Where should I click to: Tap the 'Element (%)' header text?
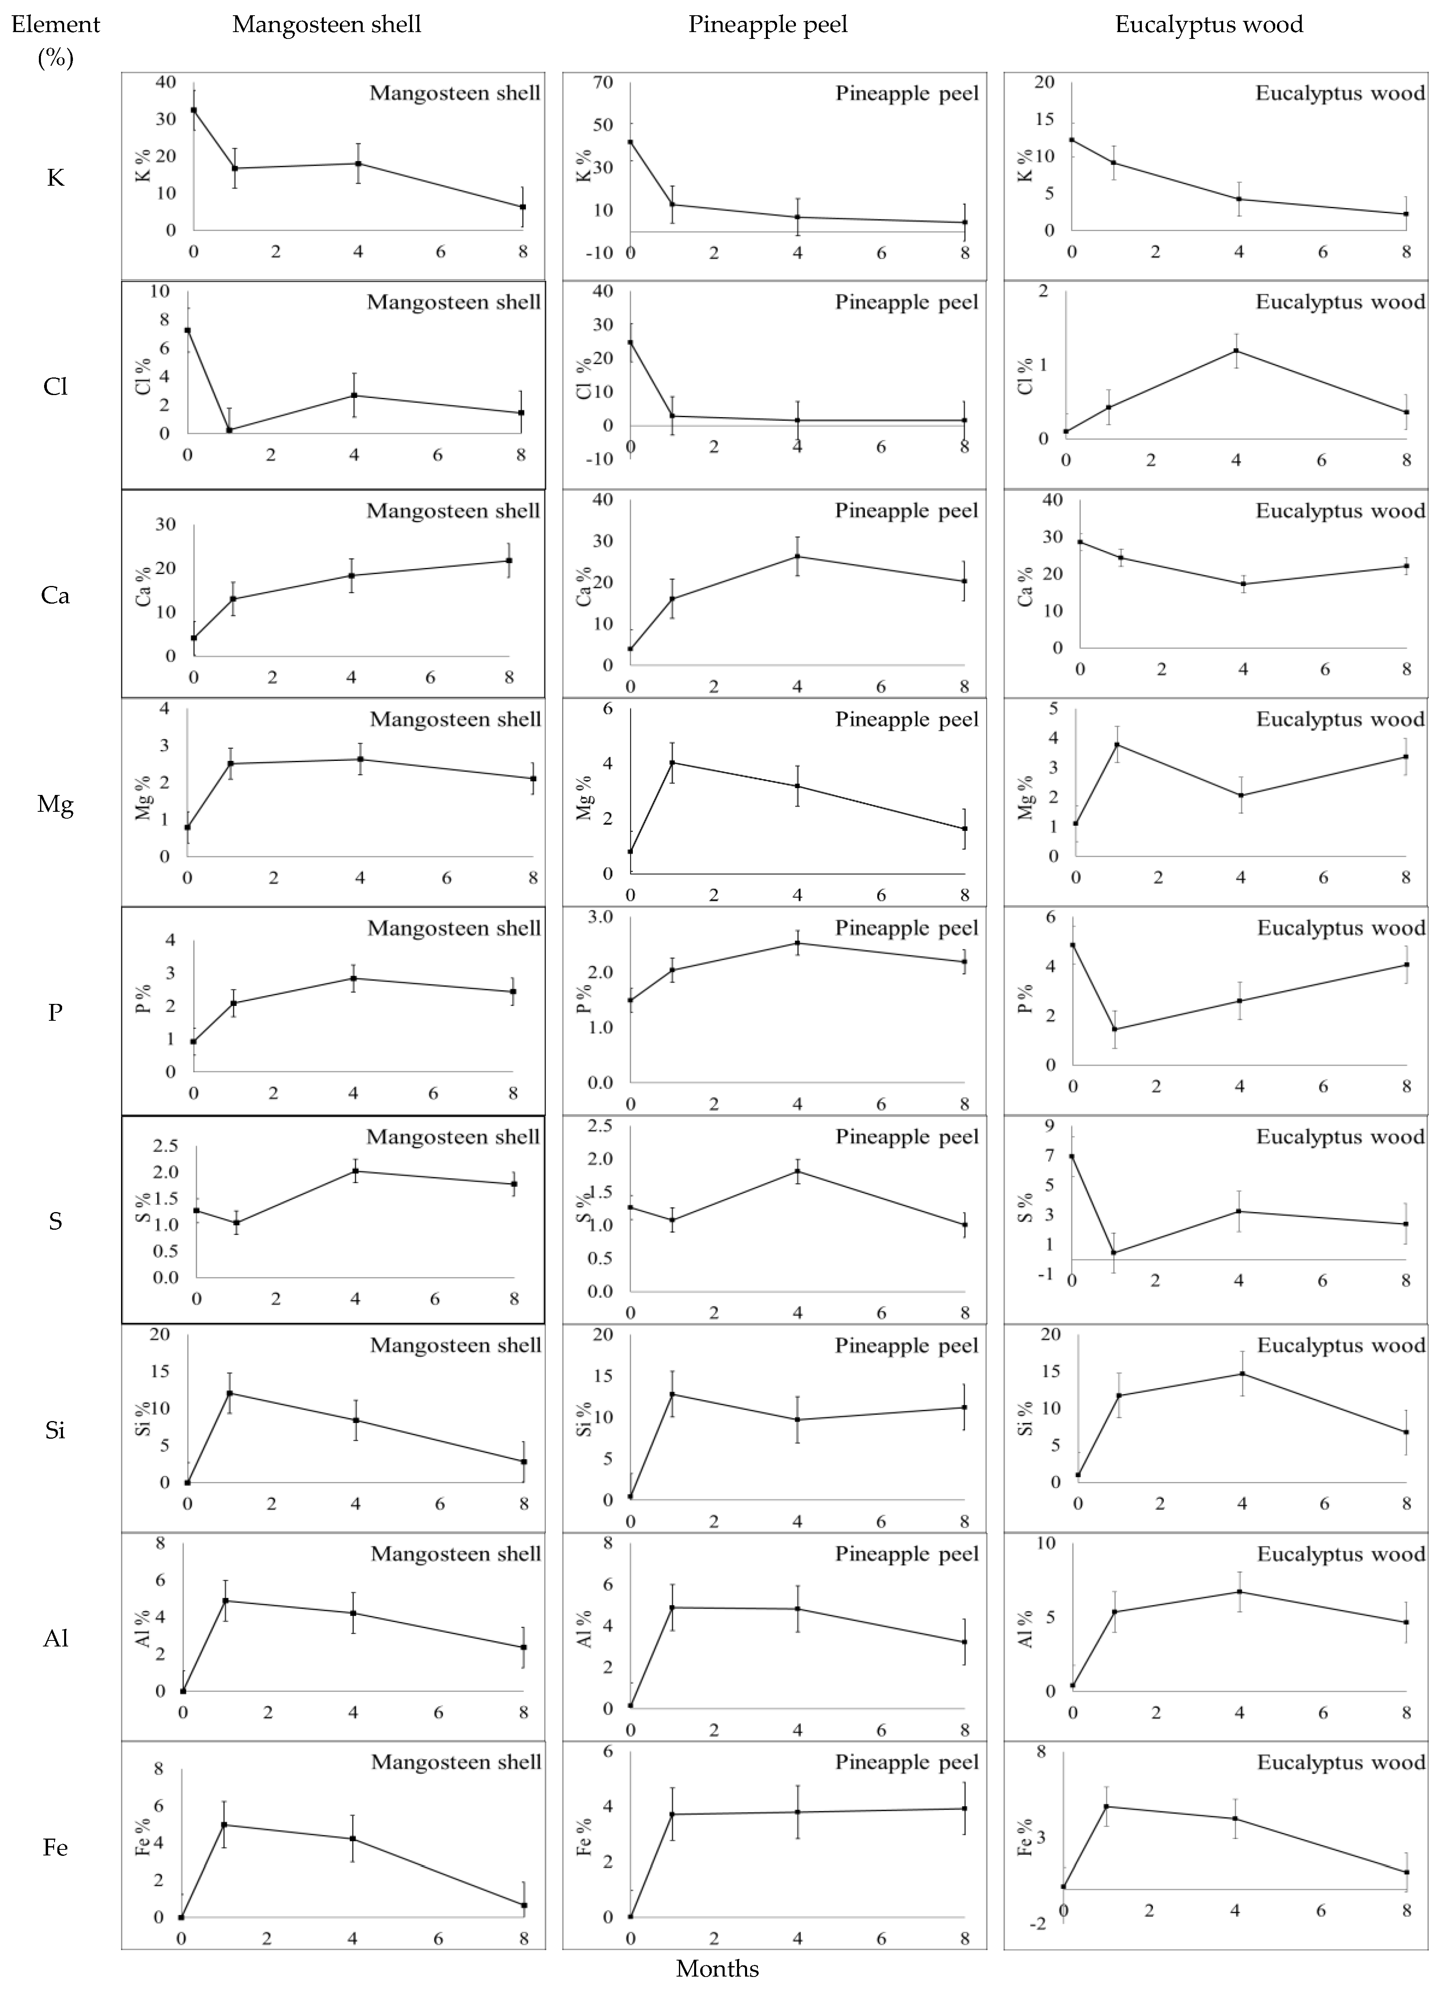55,41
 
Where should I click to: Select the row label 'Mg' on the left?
55,804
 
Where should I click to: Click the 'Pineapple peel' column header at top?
768,24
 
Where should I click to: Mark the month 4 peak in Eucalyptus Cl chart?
1236,351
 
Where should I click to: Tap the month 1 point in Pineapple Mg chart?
672,762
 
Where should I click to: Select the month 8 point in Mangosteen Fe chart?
524,1905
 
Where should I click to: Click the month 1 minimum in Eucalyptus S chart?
1113,1253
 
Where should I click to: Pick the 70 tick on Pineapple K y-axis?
603,83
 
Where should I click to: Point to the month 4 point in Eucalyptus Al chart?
1240,1592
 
